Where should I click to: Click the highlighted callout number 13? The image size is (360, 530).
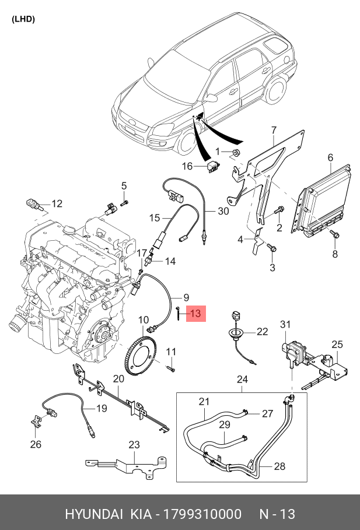(x=195, y=313)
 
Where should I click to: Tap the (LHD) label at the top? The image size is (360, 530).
(x=23, y=19)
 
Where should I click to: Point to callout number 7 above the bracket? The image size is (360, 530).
(x=274, y=130)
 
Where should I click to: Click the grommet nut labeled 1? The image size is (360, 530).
(x=236, y=152)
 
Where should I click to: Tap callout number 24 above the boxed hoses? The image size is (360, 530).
(x=242, y=379)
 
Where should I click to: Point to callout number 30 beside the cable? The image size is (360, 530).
(x=223, y=211)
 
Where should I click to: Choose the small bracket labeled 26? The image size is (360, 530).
(x=35, y=422)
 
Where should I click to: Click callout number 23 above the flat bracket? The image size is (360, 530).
(x=134, y=444)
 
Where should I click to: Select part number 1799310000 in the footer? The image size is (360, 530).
(x=202, y=514)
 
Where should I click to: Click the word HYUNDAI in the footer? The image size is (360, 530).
(x=94, y=514)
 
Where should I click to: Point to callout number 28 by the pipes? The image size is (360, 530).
(x=279, y=466)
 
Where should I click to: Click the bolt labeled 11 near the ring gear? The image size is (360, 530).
(x=171, y=368)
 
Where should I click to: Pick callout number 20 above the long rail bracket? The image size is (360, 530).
(x=118, y=378)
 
